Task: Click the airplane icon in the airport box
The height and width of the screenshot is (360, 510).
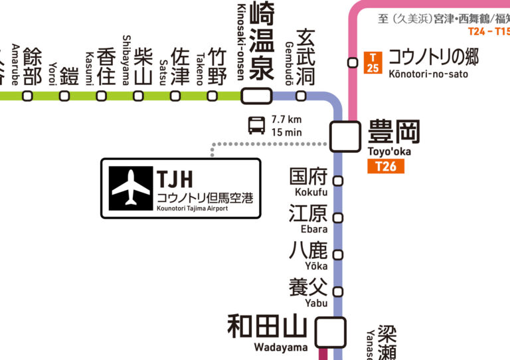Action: coord(131,188)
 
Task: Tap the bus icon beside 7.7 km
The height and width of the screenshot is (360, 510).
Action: coord(256,125)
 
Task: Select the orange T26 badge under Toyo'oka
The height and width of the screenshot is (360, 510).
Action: coord(385,166)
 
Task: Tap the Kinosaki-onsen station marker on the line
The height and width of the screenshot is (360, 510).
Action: coord(256,96)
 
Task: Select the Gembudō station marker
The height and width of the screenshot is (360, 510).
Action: coord(301,96)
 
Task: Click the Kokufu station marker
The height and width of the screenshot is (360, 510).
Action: coord(338,181)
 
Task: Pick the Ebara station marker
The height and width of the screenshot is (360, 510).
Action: coord(338,217)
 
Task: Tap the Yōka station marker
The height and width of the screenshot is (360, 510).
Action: coord(338,254)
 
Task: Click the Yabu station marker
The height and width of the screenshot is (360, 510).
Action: coord(338,292)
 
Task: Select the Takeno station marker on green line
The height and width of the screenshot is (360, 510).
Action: coord(212,96)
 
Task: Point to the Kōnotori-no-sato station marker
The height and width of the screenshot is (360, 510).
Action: coord(353,63)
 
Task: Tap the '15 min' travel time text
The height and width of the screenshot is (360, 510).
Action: coord(286,132)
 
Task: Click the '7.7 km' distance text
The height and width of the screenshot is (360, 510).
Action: coord(286,120)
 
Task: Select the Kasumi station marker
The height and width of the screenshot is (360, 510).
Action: coord(101,96)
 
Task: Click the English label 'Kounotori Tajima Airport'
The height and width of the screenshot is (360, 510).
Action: coord(193,209)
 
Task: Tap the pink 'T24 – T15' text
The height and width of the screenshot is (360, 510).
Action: coord(489,31)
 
